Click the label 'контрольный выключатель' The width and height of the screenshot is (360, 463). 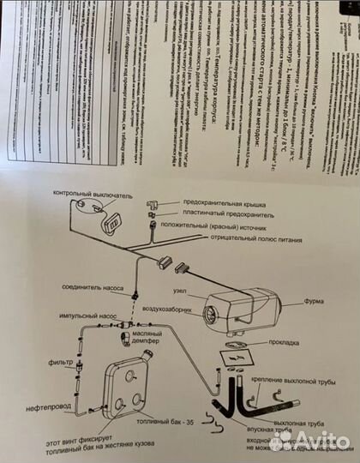click(x=93, y=195)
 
